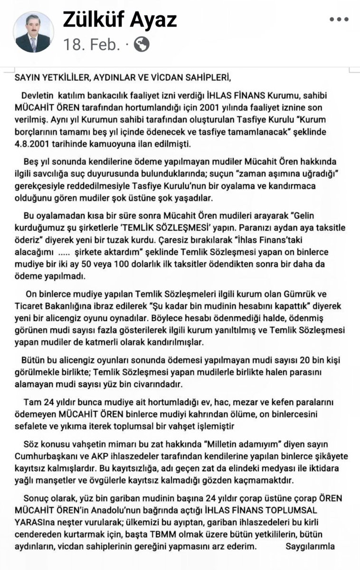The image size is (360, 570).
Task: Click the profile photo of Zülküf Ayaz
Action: click(x=33, y=32)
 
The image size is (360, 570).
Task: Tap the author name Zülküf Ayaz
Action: click(x=120, y=19)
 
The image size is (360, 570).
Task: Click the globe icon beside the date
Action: click(x=142, y=45)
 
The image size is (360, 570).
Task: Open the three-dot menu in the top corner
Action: click(x=339, y=20)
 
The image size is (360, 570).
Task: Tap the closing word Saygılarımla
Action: click(x=310, y=546)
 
